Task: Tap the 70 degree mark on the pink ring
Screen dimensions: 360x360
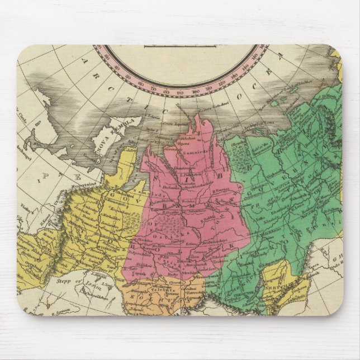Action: coord(153,87)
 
